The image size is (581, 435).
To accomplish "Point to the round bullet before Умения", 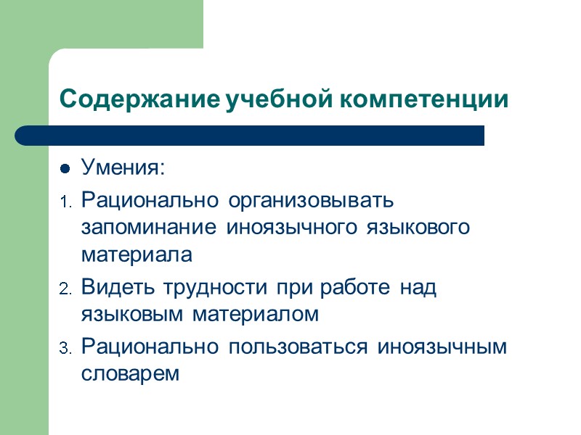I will click(x=64, y=170).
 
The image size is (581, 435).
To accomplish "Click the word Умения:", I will click(x=123, y=170).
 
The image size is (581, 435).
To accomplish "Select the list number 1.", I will click(x=63, y=200).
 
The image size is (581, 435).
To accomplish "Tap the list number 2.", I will click(x=63, y=289).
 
